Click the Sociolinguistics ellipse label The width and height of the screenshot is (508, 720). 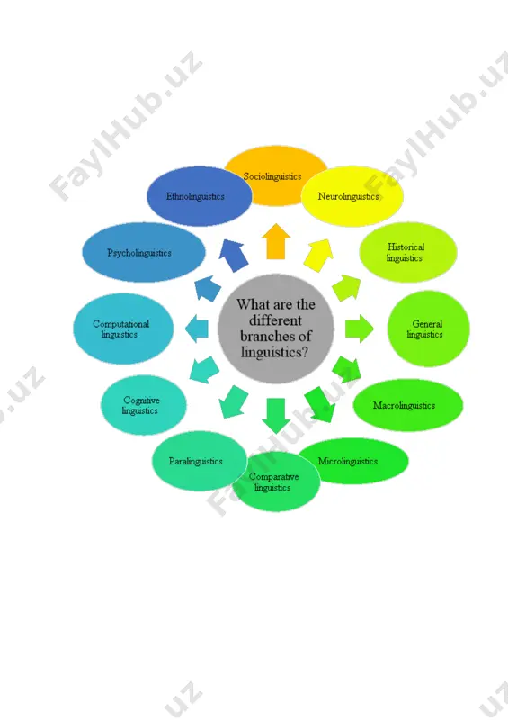coord(272,176)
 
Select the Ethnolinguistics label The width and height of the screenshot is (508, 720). coord(195,196)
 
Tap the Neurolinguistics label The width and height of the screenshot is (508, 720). coord(348,196)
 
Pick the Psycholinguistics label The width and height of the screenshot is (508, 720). coord(139,253)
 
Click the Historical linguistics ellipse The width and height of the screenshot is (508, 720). coord(408,252)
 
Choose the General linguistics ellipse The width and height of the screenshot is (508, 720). coord(429,328)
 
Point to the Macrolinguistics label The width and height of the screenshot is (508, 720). coord(404,406)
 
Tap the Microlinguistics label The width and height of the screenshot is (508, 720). coord(347,461)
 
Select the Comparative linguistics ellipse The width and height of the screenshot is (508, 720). coord(276,481)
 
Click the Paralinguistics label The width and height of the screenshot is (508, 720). coord(195,461)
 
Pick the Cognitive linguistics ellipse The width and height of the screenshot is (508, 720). coord(144,405)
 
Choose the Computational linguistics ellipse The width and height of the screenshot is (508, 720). coord(123,328)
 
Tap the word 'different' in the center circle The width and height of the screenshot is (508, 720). coord(275,320)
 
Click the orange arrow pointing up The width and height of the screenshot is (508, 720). coord(276,241)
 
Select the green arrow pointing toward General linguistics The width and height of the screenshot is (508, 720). coord(360,328)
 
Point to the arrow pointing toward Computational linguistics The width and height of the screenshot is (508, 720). coord(196,328)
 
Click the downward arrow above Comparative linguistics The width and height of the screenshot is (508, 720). coord(276,416)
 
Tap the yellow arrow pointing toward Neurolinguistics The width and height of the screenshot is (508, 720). coord(318,256)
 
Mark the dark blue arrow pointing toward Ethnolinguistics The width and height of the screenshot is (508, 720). coord(234,256)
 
